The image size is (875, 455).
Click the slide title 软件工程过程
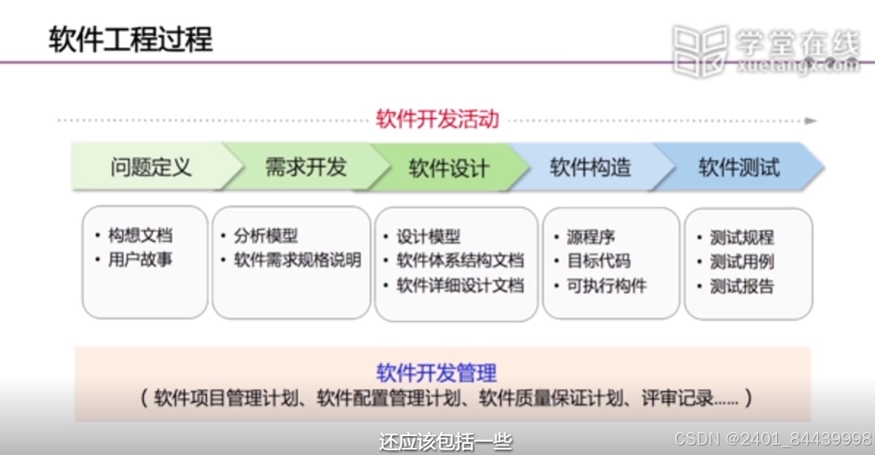click(x=130, y=38)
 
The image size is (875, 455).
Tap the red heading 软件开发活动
click(x=437, y=120)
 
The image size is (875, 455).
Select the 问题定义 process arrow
click(x=151, y=167)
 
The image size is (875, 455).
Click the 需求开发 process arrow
click(x=306, y=167)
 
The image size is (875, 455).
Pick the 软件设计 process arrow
click(x=449, y=168)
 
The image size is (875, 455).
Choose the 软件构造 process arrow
click(x=591, y=167)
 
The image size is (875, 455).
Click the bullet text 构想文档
click(x=140, y=236)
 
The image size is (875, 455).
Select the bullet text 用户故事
click(x=140, y=259)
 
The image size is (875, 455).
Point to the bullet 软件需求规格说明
click(x=297, y=260)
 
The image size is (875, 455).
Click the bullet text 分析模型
click(x=266, y=236)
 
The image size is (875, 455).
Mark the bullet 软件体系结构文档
click(x=460, y=261)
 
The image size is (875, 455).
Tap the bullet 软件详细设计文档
click(x=460, y=285)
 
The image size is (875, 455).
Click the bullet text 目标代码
click(x=598, y=261)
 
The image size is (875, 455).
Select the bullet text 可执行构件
click(x=606, y=285)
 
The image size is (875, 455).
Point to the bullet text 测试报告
click(x=742, y=286)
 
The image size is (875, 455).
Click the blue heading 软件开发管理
click(x=437, y=372)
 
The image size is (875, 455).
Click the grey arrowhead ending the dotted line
click(x=810, y=121)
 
